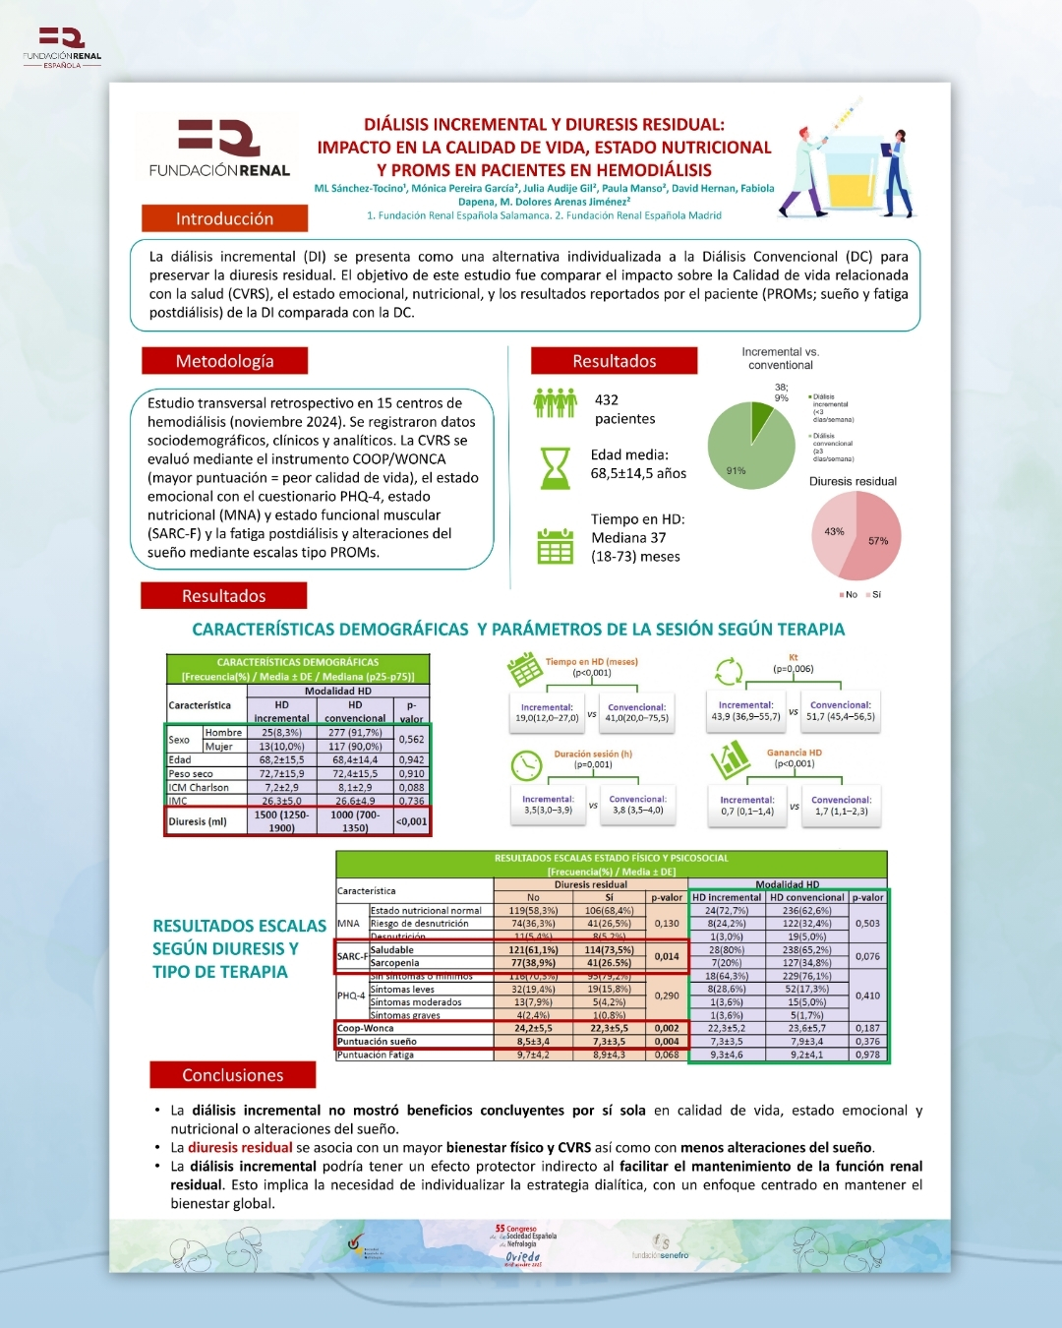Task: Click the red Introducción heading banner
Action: pos(224,218)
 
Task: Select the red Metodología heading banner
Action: pos(224,361)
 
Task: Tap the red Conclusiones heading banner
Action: pos(232,1075)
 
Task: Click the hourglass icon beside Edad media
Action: pos(556,468)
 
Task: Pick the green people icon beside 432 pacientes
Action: pos(555,403)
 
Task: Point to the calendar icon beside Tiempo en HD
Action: pos(555,546)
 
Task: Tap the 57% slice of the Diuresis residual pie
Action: pos(873,539)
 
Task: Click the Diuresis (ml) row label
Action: pos(199,821)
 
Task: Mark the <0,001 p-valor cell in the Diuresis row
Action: pos(412,821)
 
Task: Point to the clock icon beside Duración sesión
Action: pos(527,764)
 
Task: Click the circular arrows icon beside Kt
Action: pos(729,672)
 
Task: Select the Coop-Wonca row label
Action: pos(366,1028)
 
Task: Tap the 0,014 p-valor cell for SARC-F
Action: pos(667,956)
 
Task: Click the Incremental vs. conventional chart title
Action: pos(781,358)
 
